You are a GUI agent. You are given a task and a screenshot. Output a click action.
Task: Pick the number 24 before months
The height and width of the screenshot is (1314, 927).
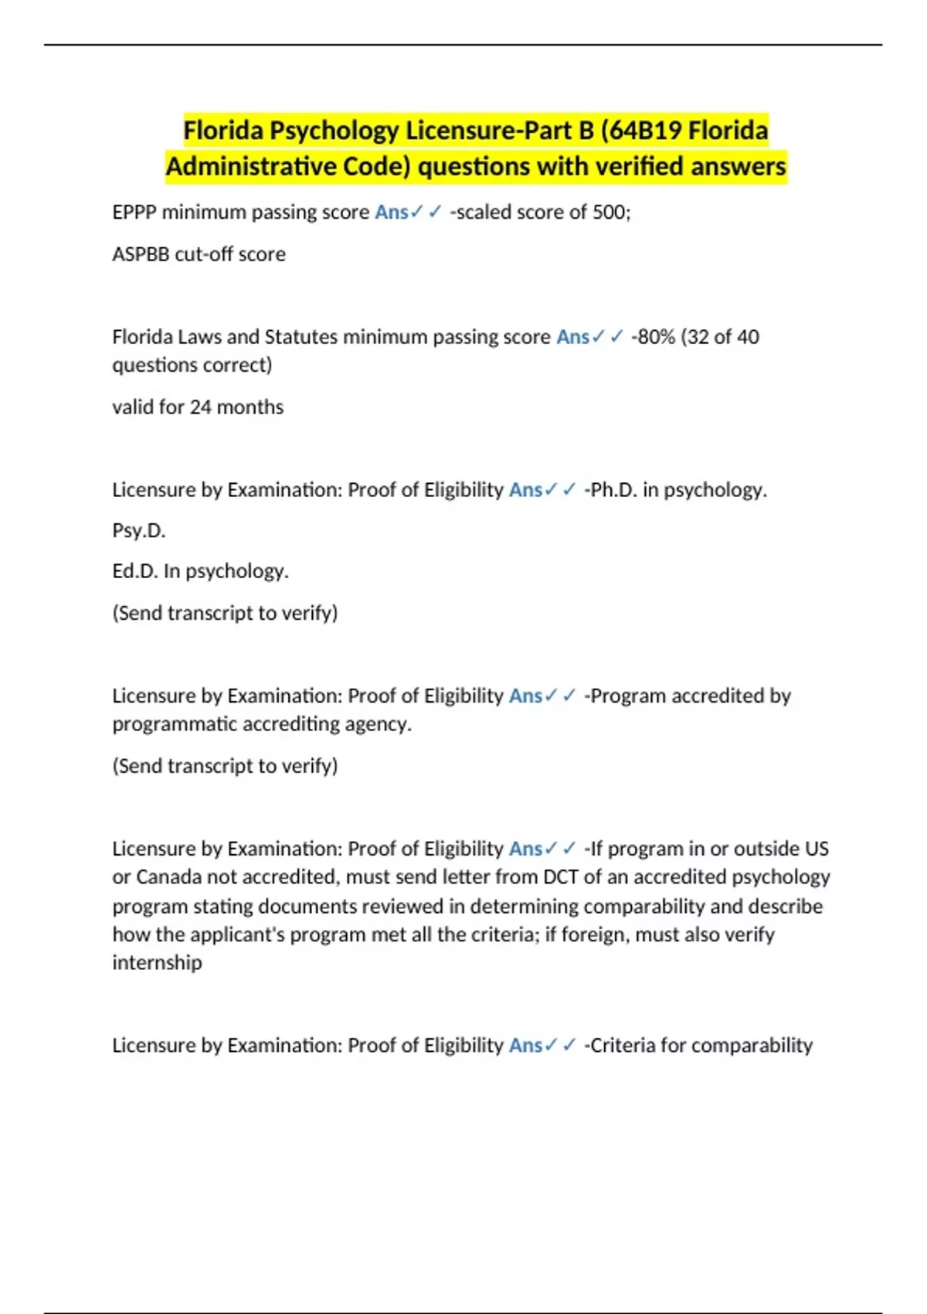point(200,407)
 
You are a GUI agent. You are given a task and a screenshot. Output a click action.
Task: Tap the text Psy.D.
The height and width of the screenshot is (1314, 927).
point(139,531)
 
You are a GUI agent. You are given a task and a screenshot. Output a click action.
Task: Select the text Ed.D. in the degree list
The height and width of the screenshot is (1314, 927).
point(135,571)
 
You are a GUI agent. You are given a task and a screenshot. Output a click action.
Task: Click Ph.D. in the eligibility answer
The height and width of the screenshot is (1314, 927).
point(613,490)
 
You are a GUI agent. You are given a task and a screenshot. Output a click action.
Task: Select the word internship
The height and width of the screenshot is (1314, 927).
point(157,963)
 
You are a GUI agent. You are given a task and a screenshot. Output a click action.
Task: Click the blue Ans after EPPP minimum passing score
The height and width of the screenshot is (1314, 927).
point(391,212)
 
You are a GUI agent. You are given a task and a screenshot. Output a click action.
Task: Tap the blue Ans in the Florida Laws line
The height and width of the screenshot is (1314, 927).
point(572,337)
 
